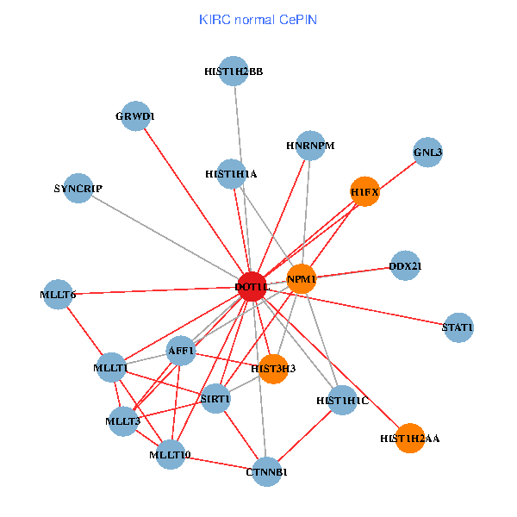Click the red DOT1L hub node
tap(252, 286)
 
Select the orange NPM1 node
tap(302, 278)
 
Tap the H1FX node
tap(365, 191)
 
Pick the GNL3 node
tap(427, 153)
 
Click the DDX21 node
tap(405, 266)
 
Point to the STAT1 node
tap(458, 327)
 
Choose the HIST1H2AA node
tap(410, 438)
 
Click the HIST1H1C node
tap(342, 400)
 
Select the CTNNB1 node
tap(267, 471)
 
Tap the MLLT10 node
tap(170, 454)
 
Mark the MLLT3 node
tap(123, 421)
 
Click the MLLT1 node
tap(111, 368)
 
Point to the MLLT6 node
tap(58, 295)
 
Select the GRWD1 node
tap(135, 115)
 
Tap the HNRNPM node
tap(309, 146)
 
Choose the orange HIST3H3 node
tap(273, 368)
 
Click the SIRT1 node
tap(215, 398)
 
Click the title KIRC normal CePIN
tap(258, 19)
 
